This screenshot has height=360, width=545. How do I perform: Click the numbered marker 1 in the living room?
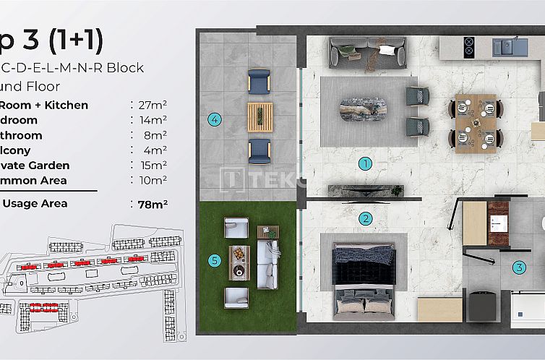pyautogui.click(x=366, y=163)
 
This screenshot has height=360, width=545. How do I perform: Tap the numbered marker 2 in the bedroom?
pyautogui.click(x=366, y=218)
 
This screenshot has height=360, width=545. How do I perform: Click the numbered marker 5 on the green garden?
pyautogui.click(x=214, y=260)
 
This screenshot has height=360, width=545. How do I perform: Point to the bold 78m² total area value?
pyautogui.click(x=153, y=204)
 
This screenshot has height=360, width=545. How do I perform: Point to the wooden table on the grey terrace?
pyautogui.click(x=260, y=116)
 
